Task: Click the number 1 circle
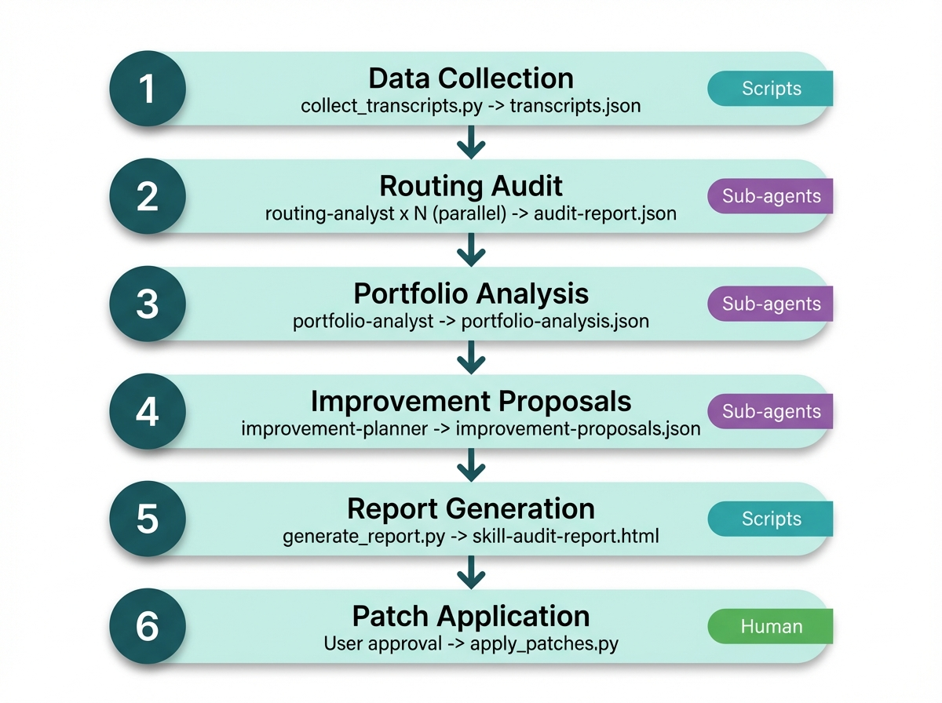[148, 89]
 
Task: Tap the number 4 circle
[148, 412]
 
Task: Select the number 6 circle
[148, 627]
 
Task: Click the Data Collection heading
[471, 78]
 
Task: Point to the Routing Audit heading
[471, 186]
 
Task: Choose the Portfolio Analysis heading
[471, 293]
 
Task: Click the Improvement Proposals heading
[471, 401]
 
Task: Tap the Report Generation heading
[471, 508]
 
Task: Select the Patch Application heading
[471, 616]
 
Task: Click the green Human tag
[771, 627]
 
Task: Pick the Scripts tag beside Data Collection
[771, 89]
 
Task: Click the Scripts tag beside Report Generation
[771, 519]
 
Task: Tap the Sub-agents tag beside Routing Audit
[771, 196]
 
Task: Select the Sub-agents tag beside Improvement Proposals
[771, 412]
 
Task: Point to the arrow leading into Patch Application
[471, 573]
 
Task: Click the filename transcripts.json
[575, 106]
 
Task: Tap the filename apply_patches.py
[544, 644]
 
